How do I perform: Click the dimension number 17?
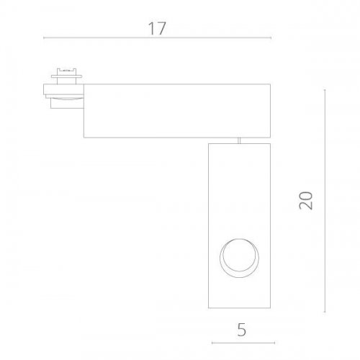click(158, 29)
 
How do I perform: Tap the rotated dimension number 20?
click(307, 199)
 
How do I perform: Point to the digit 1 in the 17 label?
click(153, 29)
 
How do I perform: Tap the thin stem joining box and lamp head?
click(238, 139)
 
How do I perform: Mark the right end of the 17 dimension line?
click(271, 37)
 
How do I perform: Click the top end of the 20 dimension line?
click(325, 90)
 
